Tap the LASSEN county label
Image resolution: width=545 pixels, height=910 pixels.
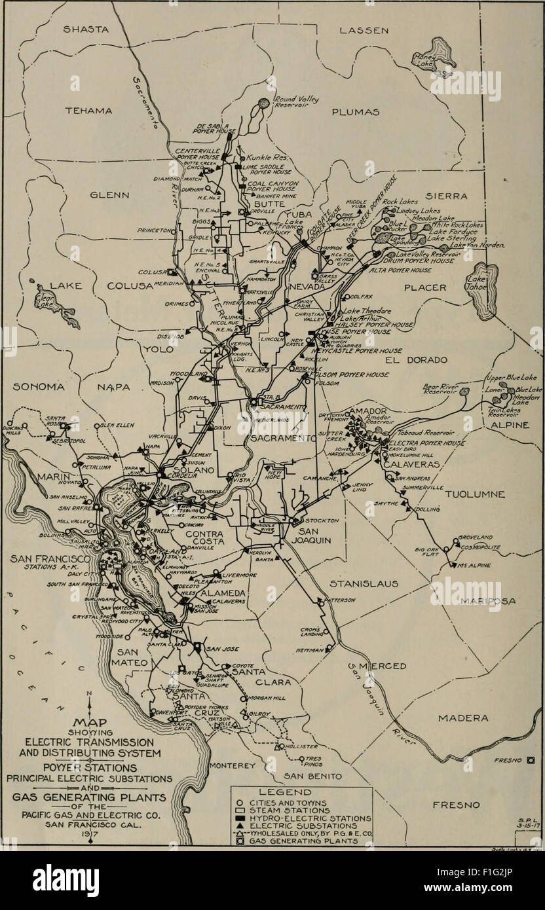[364, 30]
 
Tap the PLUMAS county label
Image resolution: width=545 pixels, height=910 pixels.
[355, 112]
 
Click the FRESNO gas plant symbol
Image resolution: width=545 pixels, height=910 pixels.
[531, 760]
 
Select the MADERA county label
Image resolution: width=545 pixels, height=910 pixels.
[463, 718]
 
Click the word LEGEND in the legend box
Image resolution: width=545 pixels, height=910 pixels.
[299, 792]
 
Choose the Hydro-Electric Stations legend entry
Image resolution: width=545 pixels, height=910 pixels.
[305, 818]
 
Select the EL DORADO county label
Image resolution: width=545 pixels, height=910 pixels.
[416, 360]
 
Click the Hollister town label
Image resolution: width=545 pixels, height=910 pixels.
[303, 746]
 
